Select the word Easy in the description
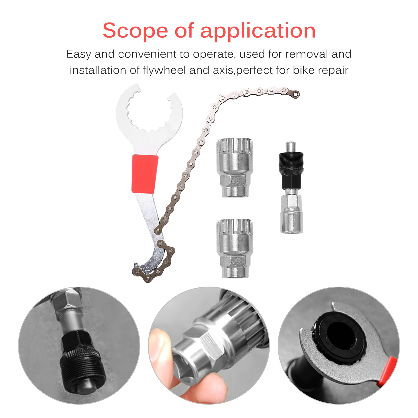79,54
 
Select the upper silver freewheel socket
234,167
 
